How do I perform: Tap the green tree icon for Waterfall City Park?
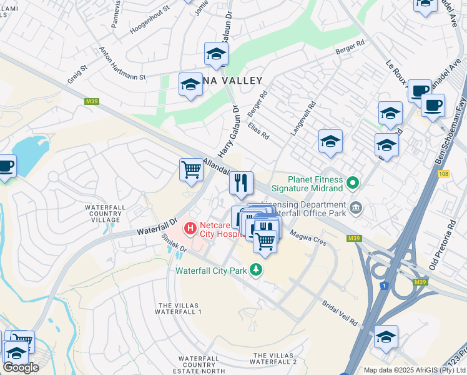255,270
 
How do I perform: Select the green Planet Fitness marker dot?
353,184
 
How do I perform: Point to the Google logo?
21,367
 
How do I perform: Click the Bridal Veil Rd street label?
340,313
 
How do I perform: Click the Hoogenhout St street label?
149,21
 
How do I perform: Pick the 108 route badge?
444,174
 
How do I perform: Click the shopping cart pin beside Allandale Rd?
191,169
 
